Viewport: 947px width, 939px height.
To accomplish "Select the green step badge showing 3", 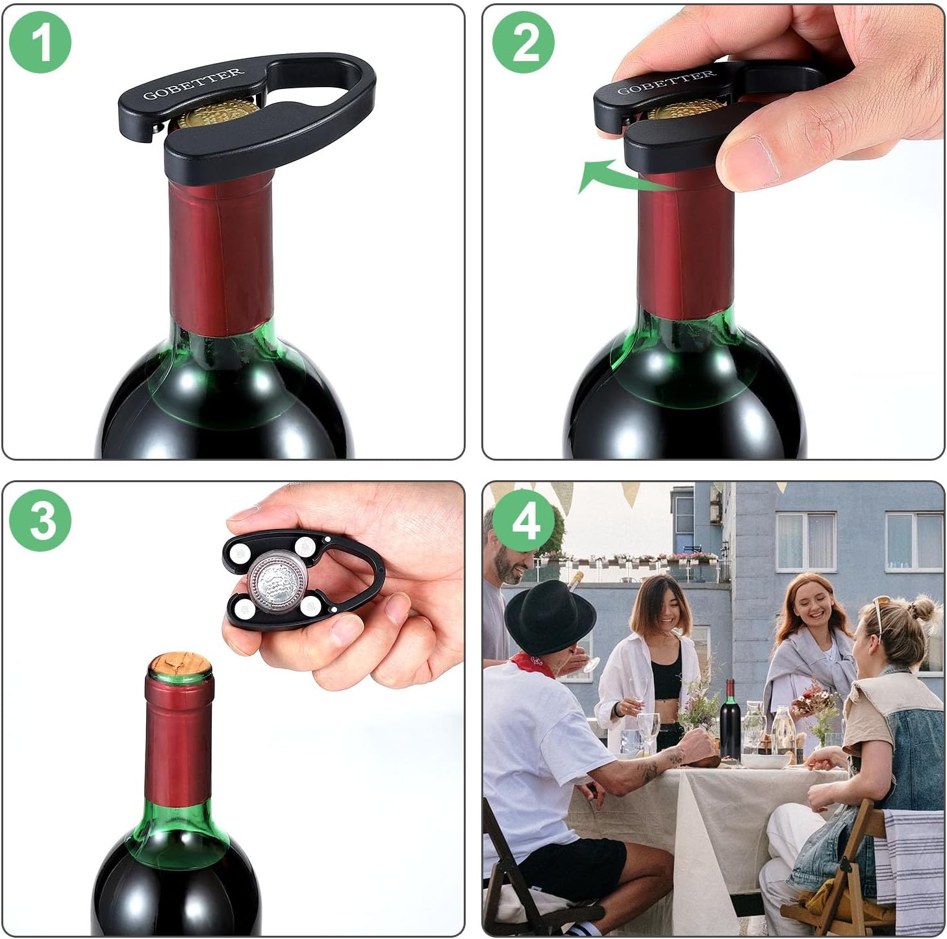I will click(40, 520).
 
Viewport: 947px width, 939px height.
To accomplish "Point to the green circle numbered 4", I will click(524, 520).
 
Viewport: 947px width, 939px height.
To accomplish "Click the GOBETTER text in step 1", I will click(194, 84).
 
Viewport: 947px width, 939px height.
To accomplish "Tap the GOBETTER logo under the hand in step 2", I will click(666, 83).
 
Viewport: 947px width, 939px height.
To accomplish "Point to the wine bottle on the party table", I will click(730, 721).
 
